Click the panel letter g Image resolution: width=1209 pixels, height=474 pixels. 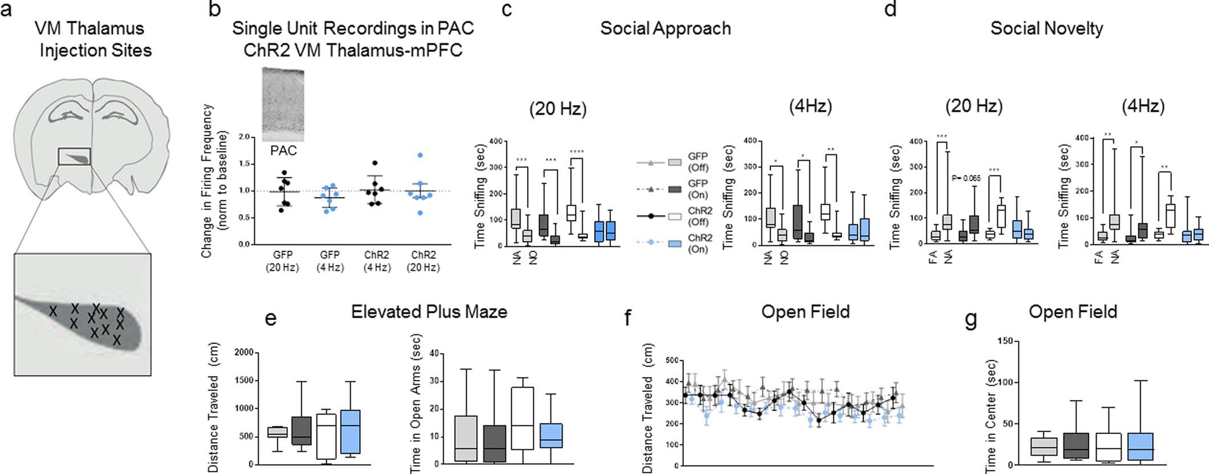click(x=970, y=320)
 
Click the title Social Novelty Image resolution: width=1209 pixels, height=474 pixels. click(x=1046, y=28)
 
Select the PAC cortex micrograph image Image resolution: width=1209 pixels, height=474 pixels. click(x=283, y=104)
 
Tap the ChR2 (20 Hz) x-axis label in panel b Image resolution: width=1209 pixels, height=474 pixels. click(x=423, y=261)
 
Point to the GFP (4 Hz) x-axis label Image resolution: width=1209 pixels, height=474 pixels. click(x=330, y=261)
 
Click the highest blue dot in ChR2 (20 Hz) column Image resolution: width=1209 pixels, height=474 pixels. click(x=420, y=155)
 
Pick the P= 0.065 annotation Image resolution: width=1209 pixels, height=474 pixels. click(x=966, y=178)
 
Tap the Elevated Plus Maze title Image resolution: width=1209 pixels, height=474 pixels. click(x=429, y=312)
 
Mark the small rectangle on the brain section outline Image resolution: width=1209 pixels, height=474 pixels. click(x=75, y=156)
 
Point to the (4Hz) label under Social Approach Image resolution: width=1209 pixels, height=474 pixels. click(x=810, y=106)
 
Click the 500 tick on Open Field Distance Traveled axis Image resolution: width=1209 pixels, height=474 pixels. click(x=672, y=361)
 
